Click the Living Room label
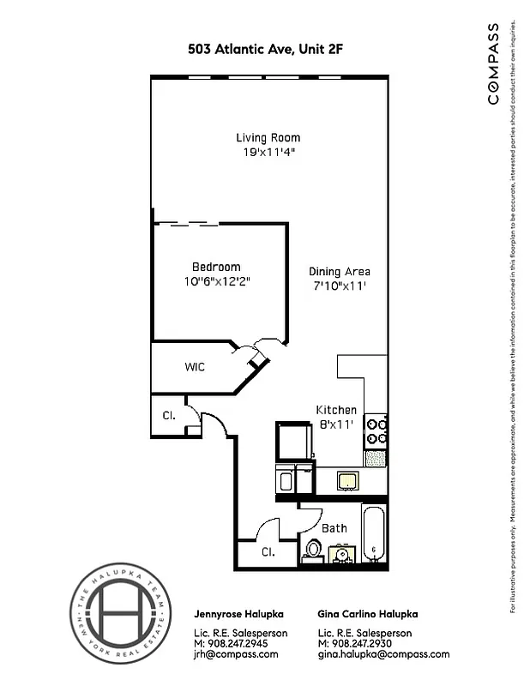[268, 137]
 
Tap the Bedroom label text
[216, 267]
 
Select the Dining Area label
[340, 272]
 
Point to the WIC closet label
[195, 367]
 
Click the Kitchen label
[336, 410]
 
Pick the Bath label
[334, 528]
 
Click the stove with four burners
[376, 431]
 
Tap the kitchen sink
[347, 480]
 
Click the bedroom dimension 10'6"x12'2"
[215, 281]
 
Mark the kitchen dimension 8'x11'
[336, 424]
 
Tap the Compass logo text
[493, 65]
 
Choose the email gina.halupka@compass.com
[382, 654]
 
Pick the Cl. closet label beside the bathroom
[268, 552]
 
